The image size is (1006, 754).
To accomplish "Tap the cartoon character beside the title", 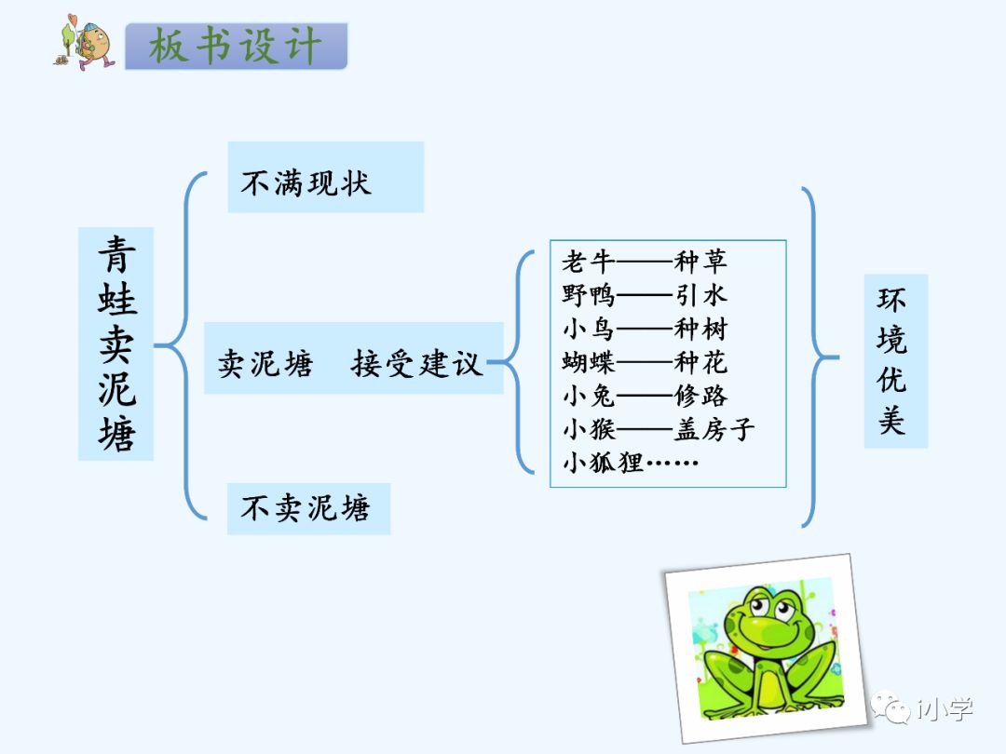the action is click(85, 43).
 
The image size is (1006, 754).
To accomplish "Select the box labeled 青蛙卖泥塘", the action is click(116, 343).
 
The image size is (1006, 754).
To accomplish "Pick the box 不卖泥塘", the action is click(307, 508).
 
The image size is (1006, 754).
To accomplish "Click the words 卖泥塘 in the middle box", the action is click(265, 362).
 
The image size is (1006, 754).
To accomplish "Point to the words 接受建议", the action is click(416, 362).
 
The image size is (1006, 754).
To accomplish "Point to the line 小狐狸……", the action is click(630, 462).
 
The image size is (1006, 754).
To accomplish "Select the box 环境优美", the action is click(894, 361).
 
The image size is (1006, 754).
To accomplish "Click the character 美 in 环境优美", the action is click(892, 421).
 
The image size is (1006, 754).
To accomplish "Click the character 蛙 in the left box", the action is click(116, 300).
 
